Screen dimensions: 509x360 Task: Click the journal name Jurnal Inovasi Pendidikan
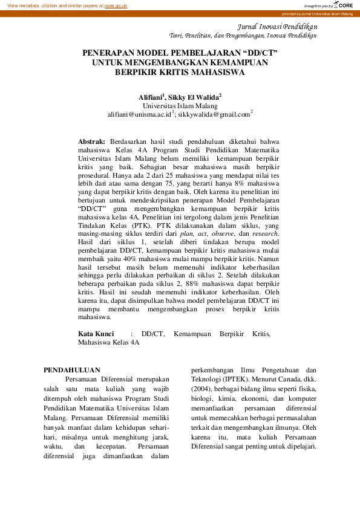point(275,27)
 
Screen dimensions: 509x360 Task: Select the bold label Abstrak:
point(92,141)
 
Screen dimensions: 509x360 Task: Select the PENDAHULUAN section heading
point(72,369)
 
